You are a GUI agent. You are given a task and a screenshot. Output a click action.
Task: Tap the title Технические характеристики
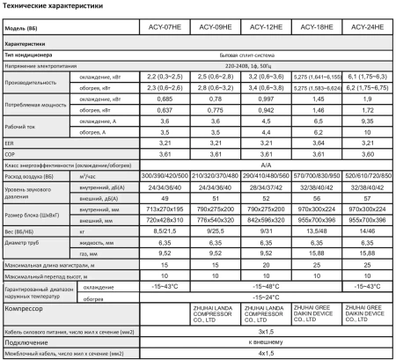[58, 8]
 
